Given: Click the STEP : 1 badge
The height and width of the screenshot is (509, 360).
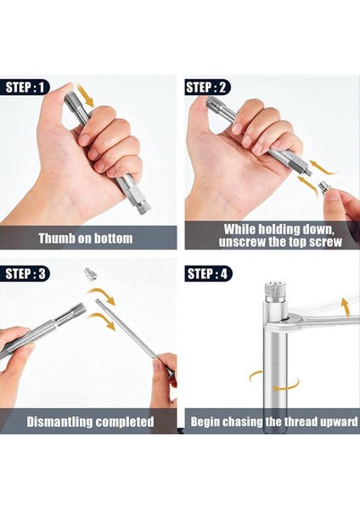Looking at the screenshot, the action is pos(25,87).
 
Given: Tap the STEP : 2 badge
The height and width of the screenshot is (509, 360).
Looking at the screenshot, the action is pos(208,87).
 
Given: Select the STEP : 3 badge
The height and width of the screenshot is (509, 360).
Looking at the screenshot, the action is pos(25,274).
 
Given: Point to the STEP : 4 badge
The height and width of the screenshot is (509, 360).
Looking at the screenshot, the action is pos(208,274).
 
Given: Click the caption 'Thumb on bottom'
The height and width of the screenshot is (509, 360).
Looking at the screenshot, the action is pos(86,238).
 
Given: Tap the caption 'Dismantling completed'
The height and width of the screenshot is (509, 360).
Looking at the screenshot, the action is pos(90,422).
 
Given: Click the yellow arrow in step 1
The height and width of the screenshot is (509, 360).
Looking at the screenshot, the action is pos(85,95).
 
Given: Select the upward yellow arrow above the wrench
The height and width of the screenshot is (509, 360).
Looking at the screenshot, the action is pos(345,307).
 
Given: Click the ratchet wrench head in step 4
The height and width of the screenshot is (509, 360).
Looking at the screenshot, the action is pos(290,318).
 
